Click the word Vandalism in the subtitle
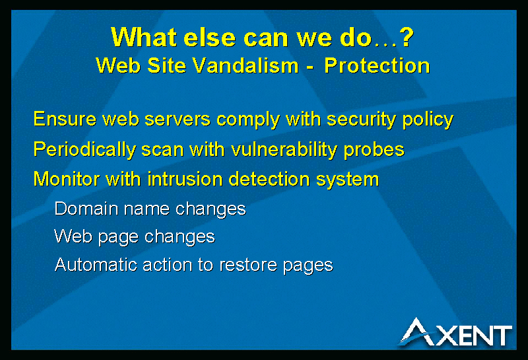click(246, 65)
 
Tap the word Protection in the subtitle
click(377, 65)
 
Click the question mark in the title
click(407, 37)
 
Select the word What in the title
click(144, 37)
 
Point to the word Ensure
click(65, 120)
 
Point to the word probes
click(374, 151)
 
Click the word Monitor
click(67, 179)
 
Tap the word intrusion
click(185, 179)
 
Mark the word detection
click(269, 179)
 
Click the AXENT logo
click(456, 332)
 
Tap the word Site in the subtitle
click(167, 65)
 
